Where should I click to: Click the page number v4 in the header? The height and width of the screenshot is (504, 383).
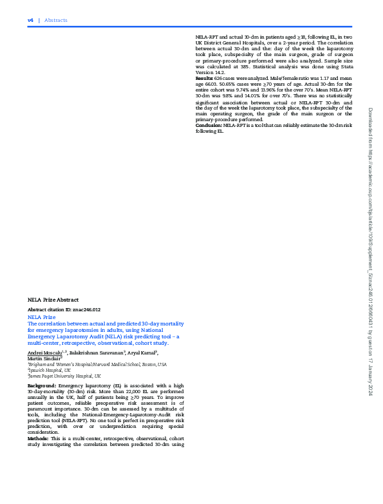[30, 20]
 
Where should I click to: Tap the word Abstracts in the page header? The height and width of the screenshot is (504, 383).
[56, 20]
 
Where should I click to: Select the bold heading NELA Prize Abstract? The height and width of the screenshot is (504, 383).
[53, 300]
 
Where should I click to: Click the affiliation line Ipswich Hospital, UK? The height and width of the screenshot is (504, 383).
[50, 371]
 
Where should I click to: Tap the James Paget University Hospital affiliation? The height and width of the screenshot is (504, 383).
[64, 376]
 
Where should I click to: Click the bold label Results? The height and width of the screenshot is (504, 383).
[206, 78]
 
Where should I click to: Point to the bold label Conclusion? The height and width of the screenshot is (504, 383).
[209, 125]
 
